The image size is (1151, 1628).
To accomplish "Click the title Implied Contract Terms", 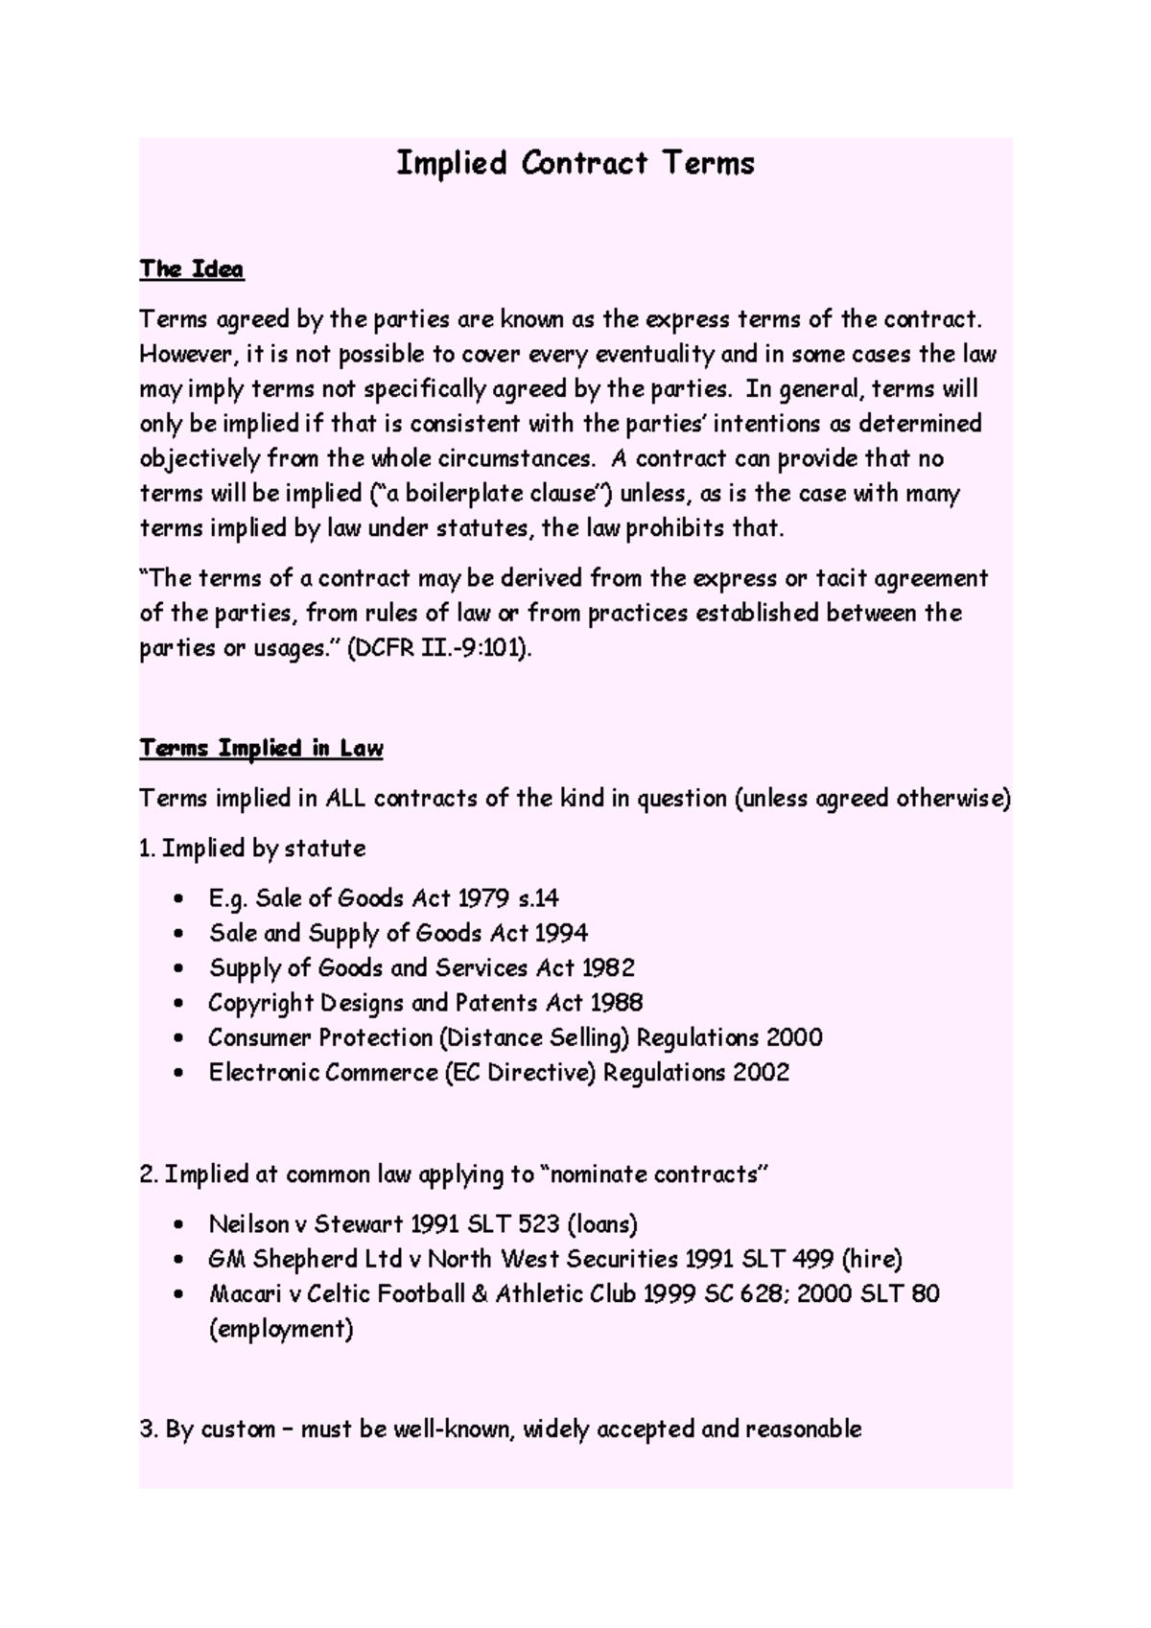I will [x=575, y=163].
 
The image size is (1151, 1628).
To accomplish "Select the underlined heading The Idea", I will [x=192, y=269].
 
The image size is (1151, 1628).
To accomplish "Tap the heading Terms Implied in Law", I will [x=261, y=749].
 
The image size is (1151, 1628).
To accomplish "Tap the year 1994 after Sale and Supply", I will [x=561, y=934].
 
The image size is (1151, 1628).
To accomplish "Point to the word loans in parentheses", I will [x=602, y=1224].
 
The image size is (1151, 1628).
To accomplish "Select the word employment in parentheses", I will [x=281, y=1330].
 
